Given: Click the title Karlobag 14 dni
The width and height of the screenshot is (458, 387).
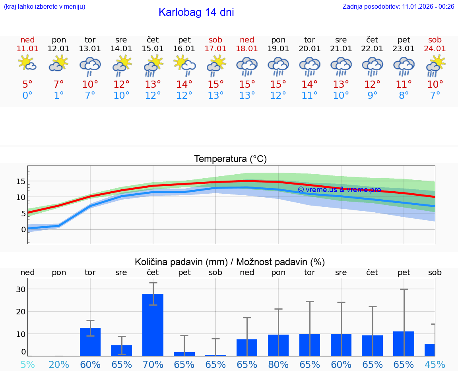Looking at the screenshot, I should (196, 12).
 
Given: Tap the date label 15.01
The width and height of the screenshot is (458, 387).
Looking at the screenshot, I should (153, 48).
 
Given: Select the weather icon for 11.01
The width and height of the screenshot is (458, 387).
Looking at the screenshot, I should (27, 64).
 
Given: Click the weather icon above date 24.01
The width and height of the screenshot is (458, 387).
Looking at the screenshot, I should (435, 65).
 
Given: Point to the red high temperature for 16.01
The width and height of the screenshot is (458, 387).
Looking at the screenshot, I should (184, 84).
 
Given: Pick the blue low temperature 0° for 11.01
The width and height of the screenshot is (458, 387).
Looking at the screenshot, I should (27, 96).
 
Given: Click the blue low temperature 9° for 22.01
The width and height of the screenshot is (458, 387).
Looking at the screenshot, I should (372, 96).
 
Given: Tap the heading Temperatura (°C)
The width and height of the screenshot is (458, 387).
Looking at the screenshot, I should (230, 159).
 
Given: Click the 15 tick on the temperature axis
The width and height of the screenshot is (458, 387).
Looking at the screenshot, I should (21, 181).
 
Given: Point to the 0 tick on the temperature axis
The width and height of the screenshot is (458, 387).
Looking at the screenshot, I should (23, 229).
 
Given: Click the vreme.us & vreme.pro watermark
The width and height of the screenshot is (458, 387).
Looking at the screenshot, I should (339, 190).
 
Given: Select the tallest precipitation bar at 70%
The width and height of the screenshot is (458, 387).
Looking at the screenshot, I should (153, 325).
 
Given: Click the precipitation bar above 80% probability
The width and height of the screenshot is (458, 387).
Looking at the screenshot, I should (278, 345).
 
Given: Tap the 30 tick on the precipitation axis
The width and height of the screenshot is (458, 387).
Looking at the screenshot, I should (21, 289).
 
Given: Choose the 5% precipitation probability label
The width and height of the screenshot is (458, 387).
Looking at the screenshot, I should (27, 364).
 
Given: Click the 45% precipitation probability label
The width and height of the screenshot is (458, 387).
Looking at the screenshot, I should (435, 364).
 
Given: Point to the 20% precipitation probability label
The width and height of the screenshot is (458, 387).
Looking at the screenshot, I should (59, 364).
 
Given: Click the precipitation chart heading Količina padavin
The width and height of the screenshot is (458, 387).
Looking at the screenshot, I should (229, 262).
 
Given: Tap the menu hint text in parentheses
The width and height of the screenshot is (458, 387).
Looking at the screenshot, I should (45, 6).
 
